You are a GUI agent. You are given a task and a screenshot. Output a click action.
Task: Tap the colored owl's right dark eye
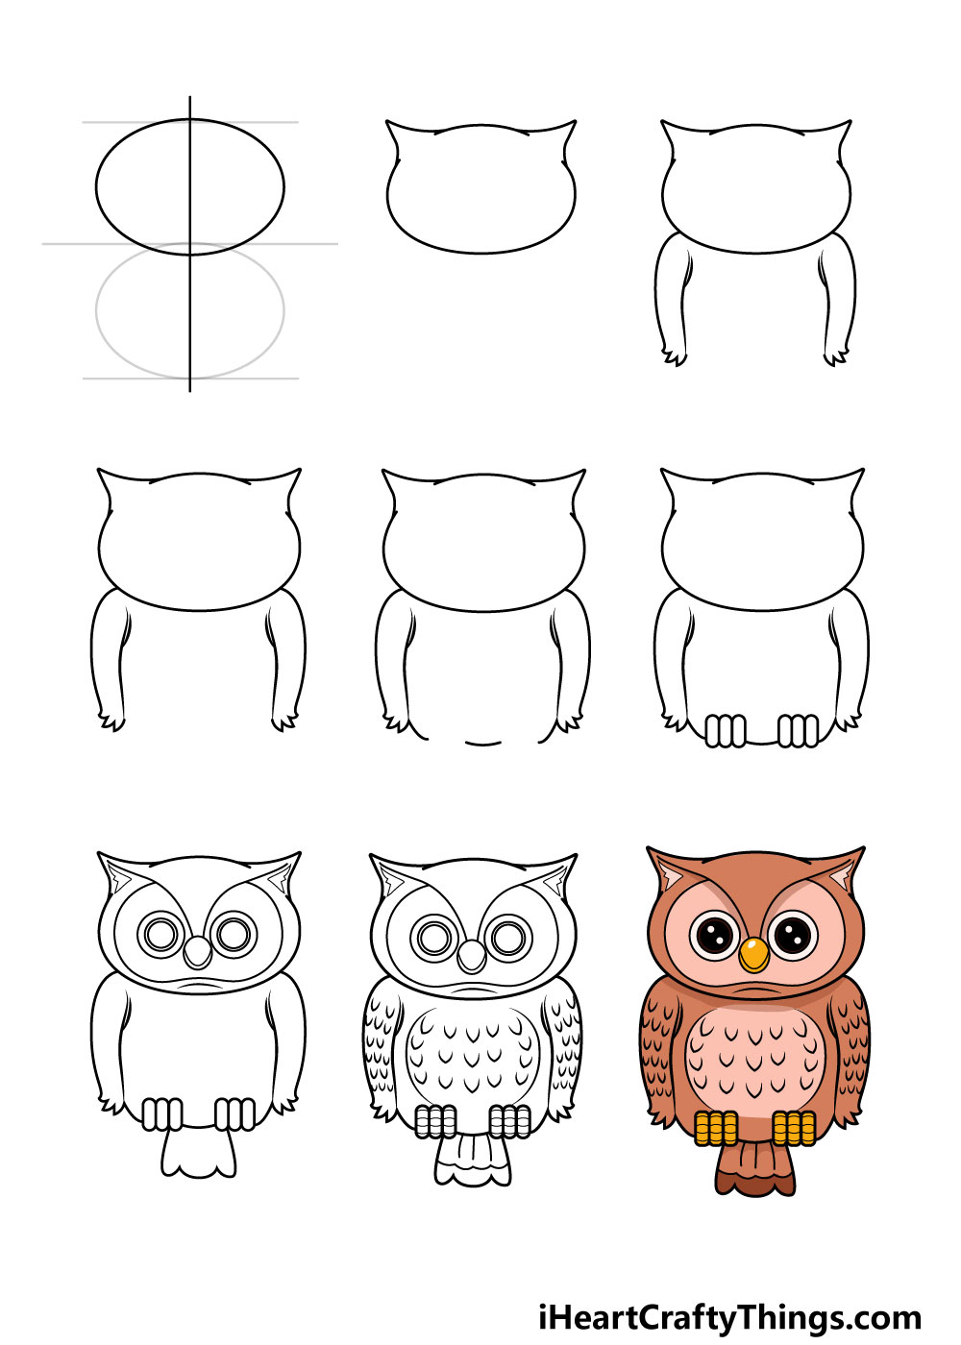click(793, 935)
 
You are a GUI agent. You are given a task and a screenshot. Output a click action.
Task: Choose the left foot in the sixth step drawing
click(725, 730)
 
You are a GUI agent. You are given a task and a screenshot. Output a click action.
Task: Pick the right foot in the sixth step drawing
click(798, 730)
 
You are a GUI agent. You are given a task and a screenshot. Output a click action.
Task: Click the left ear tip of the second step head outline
click(387, 122)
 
